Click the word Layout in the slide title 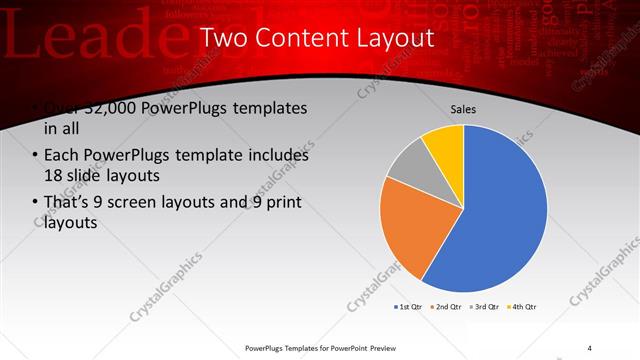coord(389,39)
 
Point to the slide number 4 coord(590,347)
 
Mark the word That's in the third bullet coord(67,203)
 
